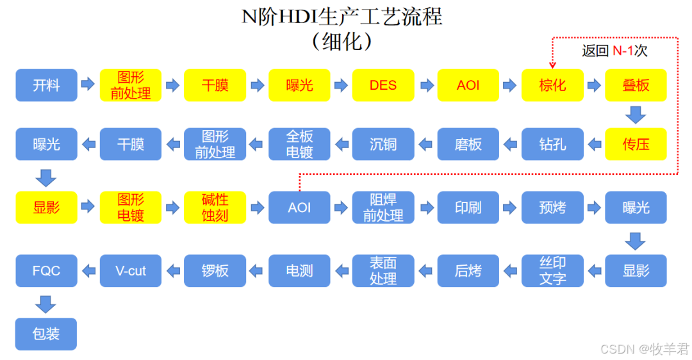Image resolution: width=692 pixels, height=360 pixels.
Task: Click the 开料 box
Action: tap(46, 85)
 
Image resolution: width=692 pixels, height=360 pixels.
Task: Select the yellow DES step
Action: tap(383, 85)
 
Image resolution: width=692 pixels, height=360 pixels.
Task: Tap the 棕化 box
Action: tap(552, 85)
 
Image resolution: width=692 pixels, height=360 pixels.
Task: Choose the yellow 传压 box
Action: tap(636, 144)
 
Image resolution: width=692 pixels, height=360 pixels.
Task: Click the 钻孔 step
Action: tap(552, 144)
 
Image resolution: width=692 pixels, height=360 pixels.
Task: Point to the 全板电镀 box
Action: tap(299, 144)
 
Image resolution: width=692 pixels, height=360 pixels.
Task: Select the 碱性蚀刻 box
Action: tap(215, 208)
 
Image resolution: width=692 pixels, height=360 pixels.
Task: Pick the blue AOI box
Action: tap(299, 208)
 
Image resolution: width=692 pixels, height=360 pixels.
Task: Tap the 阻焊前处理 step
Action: tap(383, 208)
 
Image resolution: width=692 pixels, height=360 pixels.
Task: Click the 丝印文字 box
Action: tap(552, 270)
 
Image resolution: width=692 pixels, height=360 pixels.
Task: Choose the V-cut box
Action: tap(131, 270)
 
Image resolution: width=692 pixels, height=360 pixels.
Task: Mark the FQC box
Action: tap(46, 270)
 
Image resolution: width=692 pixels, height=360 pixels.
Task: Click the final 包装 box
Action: tap(46, 334)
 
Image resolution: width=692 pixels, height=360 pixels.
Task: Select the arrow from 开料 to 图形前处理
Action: tap(88, 85)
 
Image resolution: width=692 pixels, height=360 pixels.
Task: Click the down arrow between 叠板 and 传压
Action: tap(636, 115)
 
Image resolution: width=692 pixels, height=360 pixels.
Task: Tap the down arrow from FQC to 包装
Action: tap(46, 303)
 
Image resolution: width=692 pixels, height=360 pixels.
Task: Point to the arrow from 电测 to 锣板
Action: tap(256, 270)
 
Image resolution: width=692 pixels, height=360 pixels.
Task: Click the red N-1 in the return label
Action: tap(623, 51)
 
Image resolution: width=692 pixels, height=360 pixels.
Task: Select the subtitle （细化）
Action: tap(342, 41)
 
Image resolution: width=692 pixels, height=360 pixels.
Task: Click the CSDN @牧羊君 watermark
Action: tap(644, 348)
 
